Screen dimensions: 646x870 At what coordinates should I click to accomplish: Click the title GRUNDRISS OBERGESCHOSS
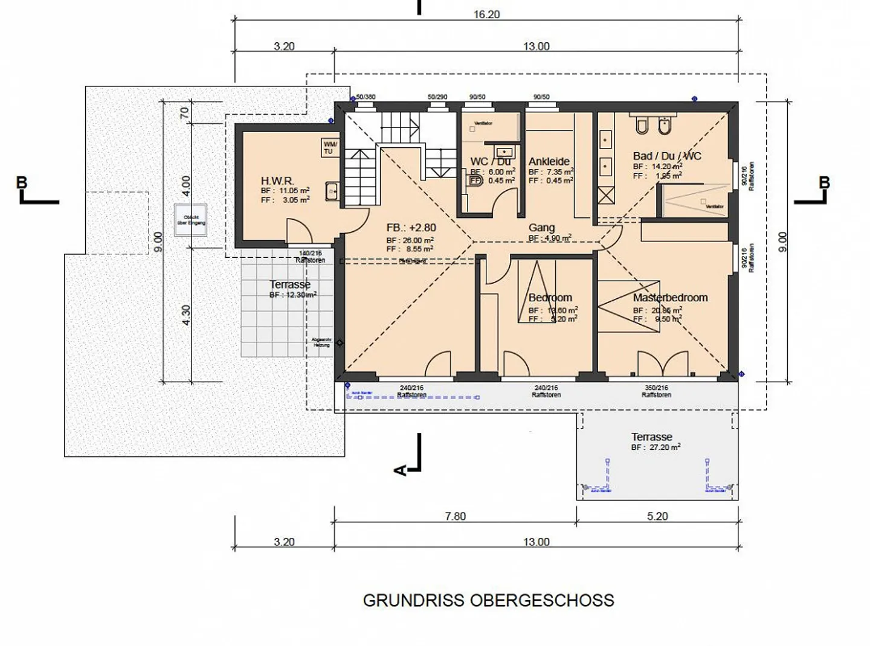click(x=488, y=600)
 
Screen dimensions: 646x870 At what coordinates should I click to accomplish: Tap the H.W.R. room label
click(x=277, y=181)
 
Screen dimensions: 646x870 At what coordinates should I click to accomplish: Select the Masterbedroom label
click(x=670, y=298)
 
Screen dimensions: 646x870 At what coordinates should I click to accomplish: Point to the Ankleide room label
click(x=549, y=161)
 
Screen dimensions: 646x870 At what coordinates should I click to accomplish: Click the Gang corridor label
click(x=541, y=228)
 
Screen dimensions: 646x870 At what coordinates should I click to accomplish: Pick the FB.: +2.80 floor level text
click(x=411, y=228)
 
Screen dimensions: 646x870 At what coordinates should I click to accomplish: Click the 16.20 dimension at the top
click(x=486, y=14)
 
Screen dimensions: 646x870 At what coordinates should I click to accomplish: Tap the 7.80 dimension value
click(x=455, y=516)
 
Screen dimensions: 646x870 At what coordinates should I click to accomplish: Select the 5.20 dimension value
click(x=657, y=516)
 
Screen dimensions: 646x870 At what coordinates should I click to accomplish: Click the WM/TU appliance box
click(x=330, y=148)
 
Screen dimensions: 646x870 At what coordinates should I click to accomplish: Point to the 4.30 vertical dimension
click(x=186, y=315)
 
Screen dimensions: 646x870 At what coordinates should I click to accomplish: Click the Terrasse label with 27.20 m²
click(x=651, y=437)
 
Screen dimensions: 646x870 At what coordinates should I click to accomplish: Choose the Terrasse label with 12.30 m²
click(x=290, y=284)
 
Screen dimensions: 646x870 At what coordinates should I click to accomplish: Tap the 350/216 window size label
click(x=656, y=388)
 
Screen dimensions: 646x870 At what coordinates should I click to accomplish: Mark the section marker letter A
click(x=400, y=470)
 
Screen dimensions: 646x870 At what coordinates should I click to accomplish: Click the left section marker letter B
click(x=22, y=182)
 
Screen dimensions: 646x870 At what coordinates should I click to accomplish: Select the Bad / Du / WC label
click(x=667, y=156)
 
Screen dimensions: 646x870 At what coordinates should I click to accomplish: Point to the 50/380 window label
click(x=366, y=97)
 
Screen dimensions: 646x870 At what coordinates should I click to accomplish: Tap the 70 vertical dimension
click(x=184, y=113)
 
